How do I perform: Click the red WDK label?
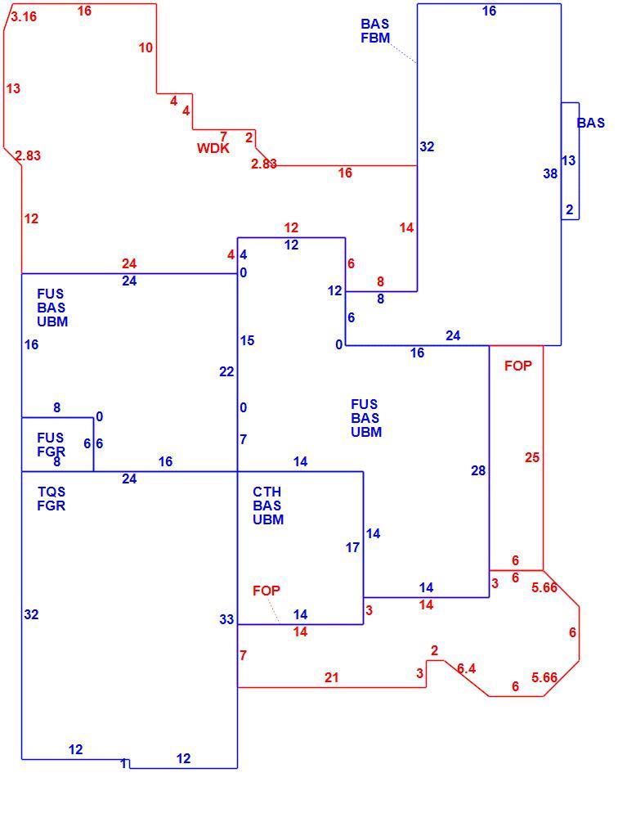[213, 148]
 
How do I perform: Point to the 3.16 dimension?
[24, 16]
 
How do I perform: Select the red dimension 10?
[146, 47]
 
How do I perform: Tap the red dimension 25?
[531, 457]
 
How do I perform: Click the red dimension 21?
[332, 677]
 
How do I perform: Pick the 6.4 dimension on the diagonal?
[467, 668]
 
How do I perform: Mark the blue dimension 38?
[550, 173]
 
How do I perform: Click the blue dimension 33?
[226, 619]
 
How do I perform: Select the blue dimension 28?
[478, 470]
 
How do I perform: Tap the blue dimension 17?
[352, 547]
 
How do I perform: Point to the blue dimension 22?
[226, 371]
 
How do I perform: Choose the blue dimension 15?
[247, 340]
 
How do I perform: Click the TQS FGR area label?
[52, 499]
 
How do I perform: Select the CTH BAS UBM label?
[268, 506]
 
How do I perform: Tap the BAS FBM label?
[375, 31]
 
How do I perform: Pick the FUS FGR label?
[51, 444]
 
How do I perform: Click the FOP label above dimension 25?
[518, 366]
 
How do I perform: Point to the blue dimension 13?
[568, 160]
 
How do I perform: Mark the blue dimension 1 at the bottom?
[123, 764]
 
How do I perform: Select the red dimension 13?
[14, 88]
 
